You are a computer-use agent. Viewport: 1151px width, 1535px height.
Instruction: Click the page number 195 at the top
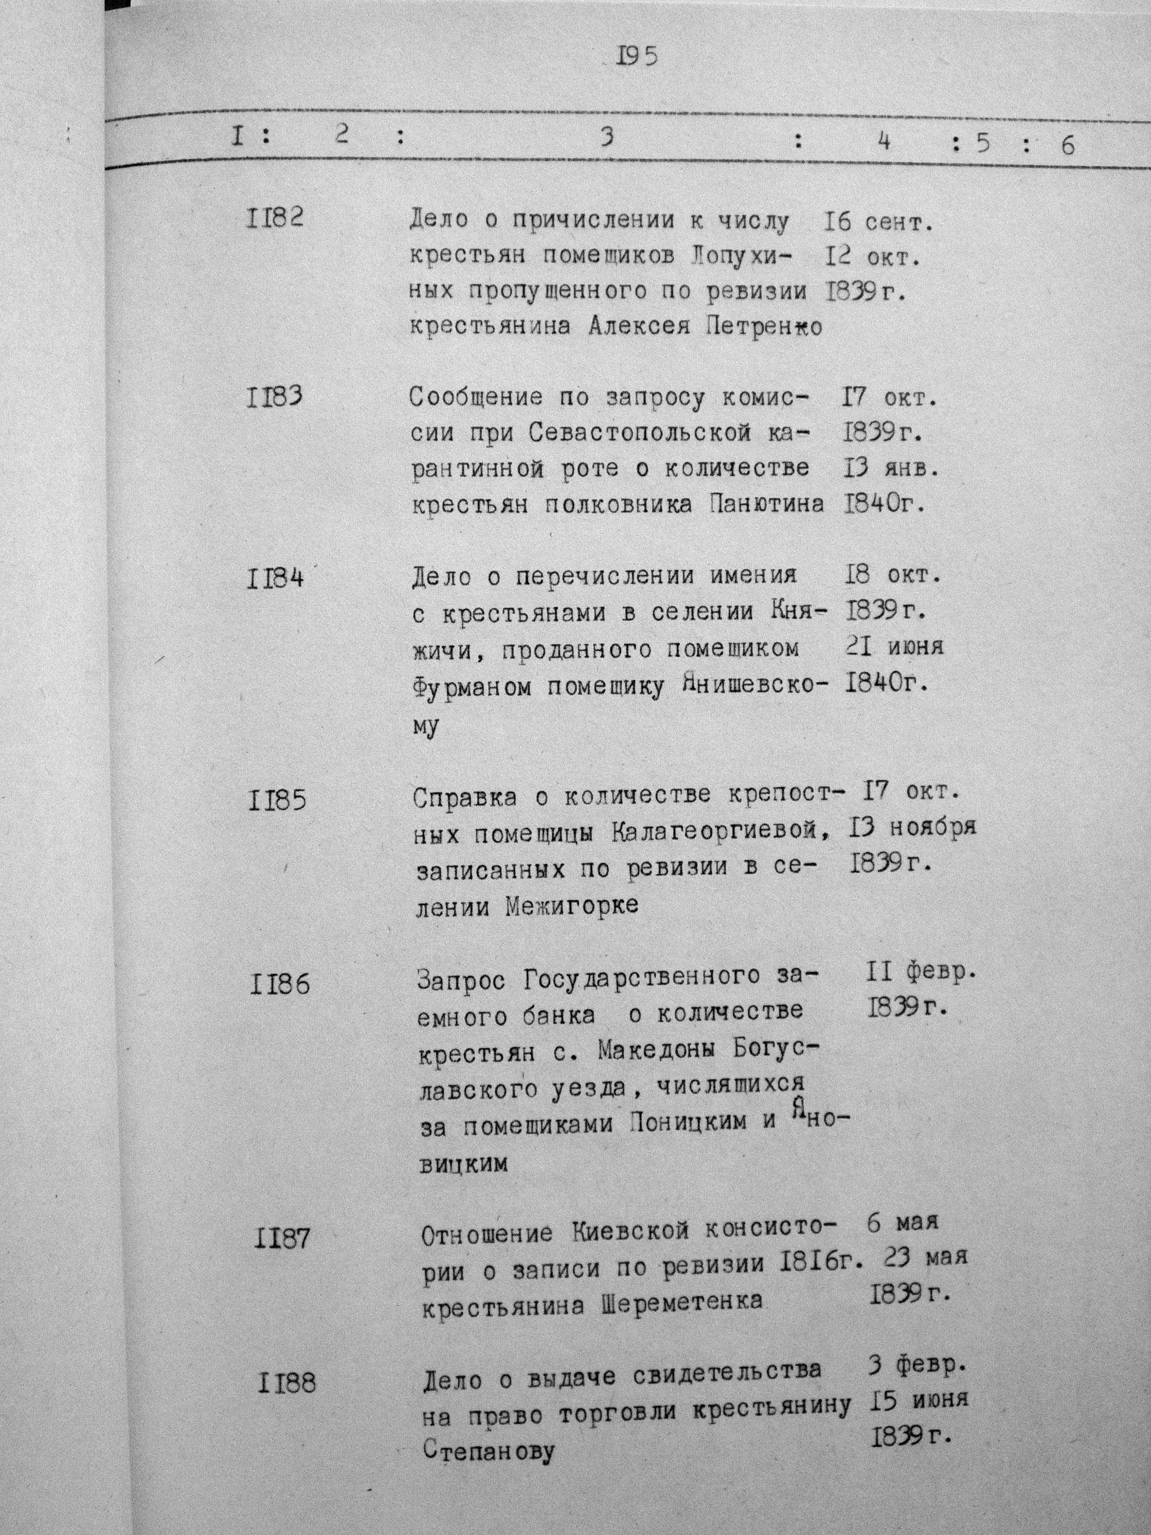(636, 56)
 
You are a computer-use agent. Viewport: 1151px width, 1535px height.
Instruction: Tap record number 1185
(277, 801)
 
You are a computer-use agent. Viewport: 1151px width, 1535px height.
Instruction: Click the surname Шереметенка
(681, 1299)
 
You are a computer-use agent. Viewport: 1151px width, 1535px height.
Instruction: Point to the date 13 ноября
(912, 828)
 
